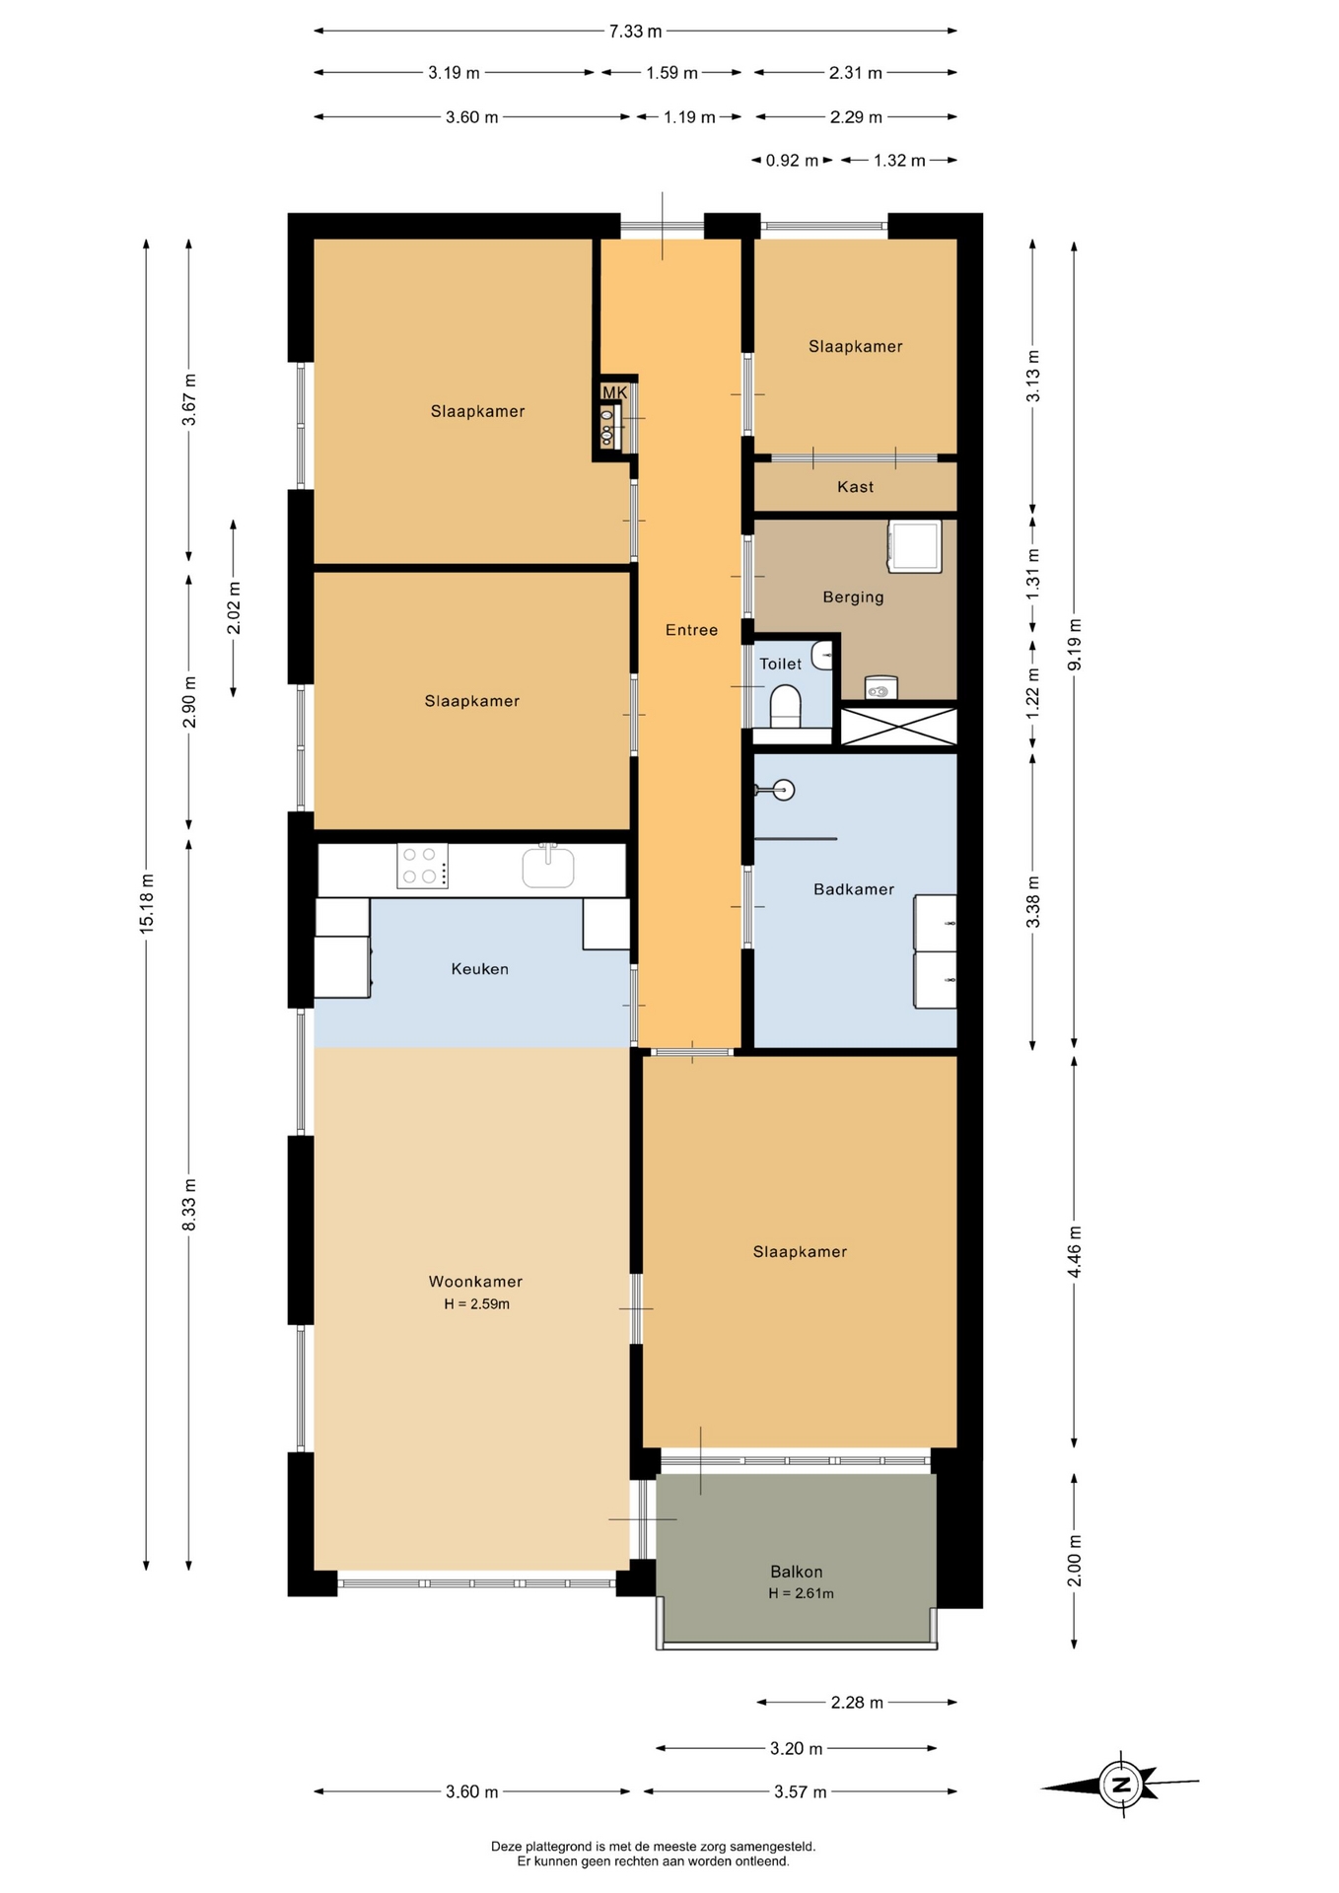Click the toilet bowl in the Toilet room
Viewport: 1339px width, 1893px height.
[785, 705]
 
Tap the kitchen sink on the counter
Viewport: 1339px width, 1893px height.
[548, 867]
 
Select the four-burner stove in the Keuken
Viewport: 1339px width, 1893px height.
[422, 866]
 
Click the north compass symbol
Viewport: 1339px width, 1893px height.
[1120, 1784]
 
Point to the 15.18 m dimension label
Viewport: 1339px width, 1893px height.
[147, 903]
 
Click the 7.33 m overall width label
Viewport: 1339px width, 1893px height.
[635, 32]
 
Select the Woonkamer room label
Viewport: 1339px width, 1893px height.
[475, 1282]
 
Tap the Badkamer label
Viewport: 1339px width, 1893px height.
[854, 889]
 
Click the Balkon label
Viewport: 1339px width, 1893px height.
[797, 1572]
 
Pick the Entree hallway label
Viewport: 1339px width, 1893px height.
[691, 630]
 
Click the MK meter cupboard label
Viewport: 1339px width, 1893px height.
[614, 392]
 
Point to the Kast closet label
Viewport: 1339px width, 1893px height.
[855, 487]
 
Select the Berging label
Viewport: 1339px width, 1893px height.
[853, 597]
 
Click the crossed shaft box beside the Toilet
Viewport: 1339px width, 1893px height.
[898, 727]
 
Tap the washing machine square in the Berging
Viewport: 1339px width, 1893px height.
[915, 546]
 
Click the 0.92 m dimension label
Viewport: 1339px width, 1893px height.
[792, 161]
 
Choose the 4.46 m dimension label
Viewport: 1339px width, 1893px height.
[1075, 1252]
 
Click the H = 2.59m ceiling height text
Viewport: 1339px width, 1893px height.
[476, 1304]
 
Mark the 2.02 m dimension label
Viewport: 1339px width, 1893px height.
[234, 608]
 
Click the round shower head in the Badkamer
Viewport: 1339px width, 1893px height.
[784, 790]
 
